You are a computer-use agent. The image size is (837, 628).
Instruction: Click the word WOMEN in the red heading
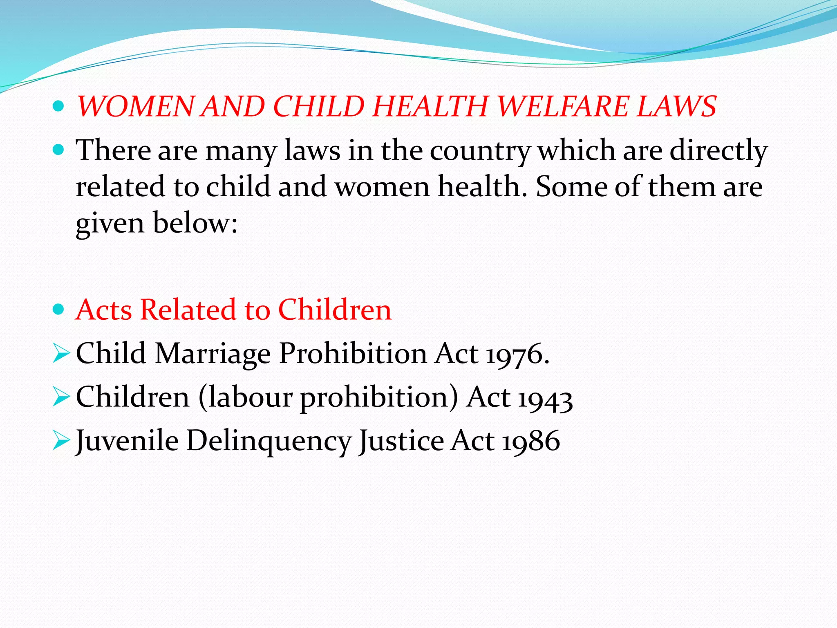[x=135, y=107]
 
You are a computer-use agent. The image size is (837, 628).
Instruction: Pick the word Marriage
[x=213, y=354]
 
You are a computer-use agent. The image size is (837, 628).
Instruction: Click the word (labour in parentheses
[x=245, y=397]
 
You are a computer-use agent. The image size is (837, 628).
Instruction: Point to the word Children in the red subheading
[x=335, y=310]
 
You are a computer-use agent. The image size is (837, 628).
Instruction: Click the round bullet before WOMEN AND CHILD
[x=59, y=107]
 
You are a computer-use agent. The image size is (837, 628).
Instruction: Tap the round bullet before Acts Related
[x=59, y=310]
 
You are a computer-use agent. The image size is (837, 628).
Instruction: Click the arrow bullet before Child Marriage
[x=61, y=354]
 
